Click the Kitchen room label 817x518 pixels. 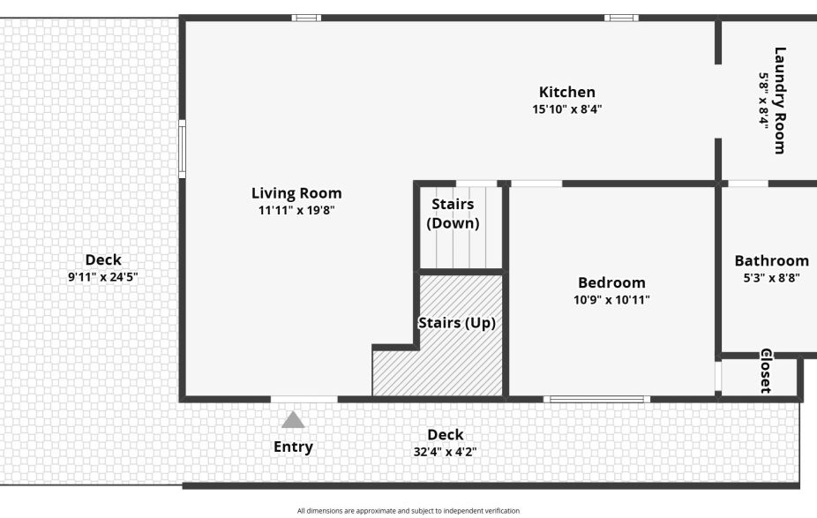tap(567, 92)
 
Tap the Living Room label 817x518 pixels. tap(296, 193)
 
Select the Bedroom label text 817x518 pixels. tap(611, 282)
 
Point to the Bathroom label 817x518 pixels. tap(771, 260)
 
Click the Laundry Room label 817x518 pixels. tap(780, 100)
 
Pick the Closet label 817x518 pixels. tap(766, 371)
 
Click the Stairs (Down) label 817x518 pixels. tap(453, 214)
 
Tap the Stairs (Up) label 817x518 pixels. tap(456, 323)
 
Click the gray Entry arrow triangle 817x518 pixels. tap(293, 420)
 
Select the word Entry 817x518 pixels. tap(293, 447)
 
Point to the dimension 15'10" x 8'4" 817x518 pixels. tap(567, 109)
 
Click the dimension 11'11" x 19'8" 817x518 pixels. tap(296, 210)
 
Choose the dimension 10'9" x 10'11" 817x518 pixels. tap(611, 300)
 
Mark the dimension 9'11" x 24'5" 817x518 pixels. tap(103, 276)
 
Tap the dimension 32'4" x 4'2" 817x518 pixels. tap(445, 452)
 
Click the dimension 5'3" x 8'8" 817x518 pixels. tap(771, 277)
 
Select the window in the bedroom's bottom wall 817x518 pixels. tap(597, 399)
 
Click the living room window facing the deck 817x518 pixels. tap(183, 149)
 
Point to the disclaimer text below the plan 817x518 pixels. tap(408, 510)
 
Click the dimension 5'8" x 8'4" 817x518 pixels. tap(763, 100)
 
